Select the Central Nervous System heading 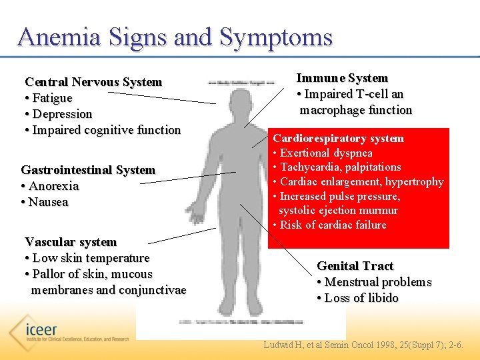pos(93,82)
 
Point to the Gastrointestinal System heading pos(88,170)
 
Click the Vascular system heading pos(71,242)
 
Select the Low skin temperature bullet pos(87,258)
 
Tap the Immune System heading pos(342,79)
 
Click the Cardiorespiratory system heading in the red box pos(337,139)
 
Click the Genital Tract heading pos(355,266)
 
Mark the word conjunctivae pos(152,290)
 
